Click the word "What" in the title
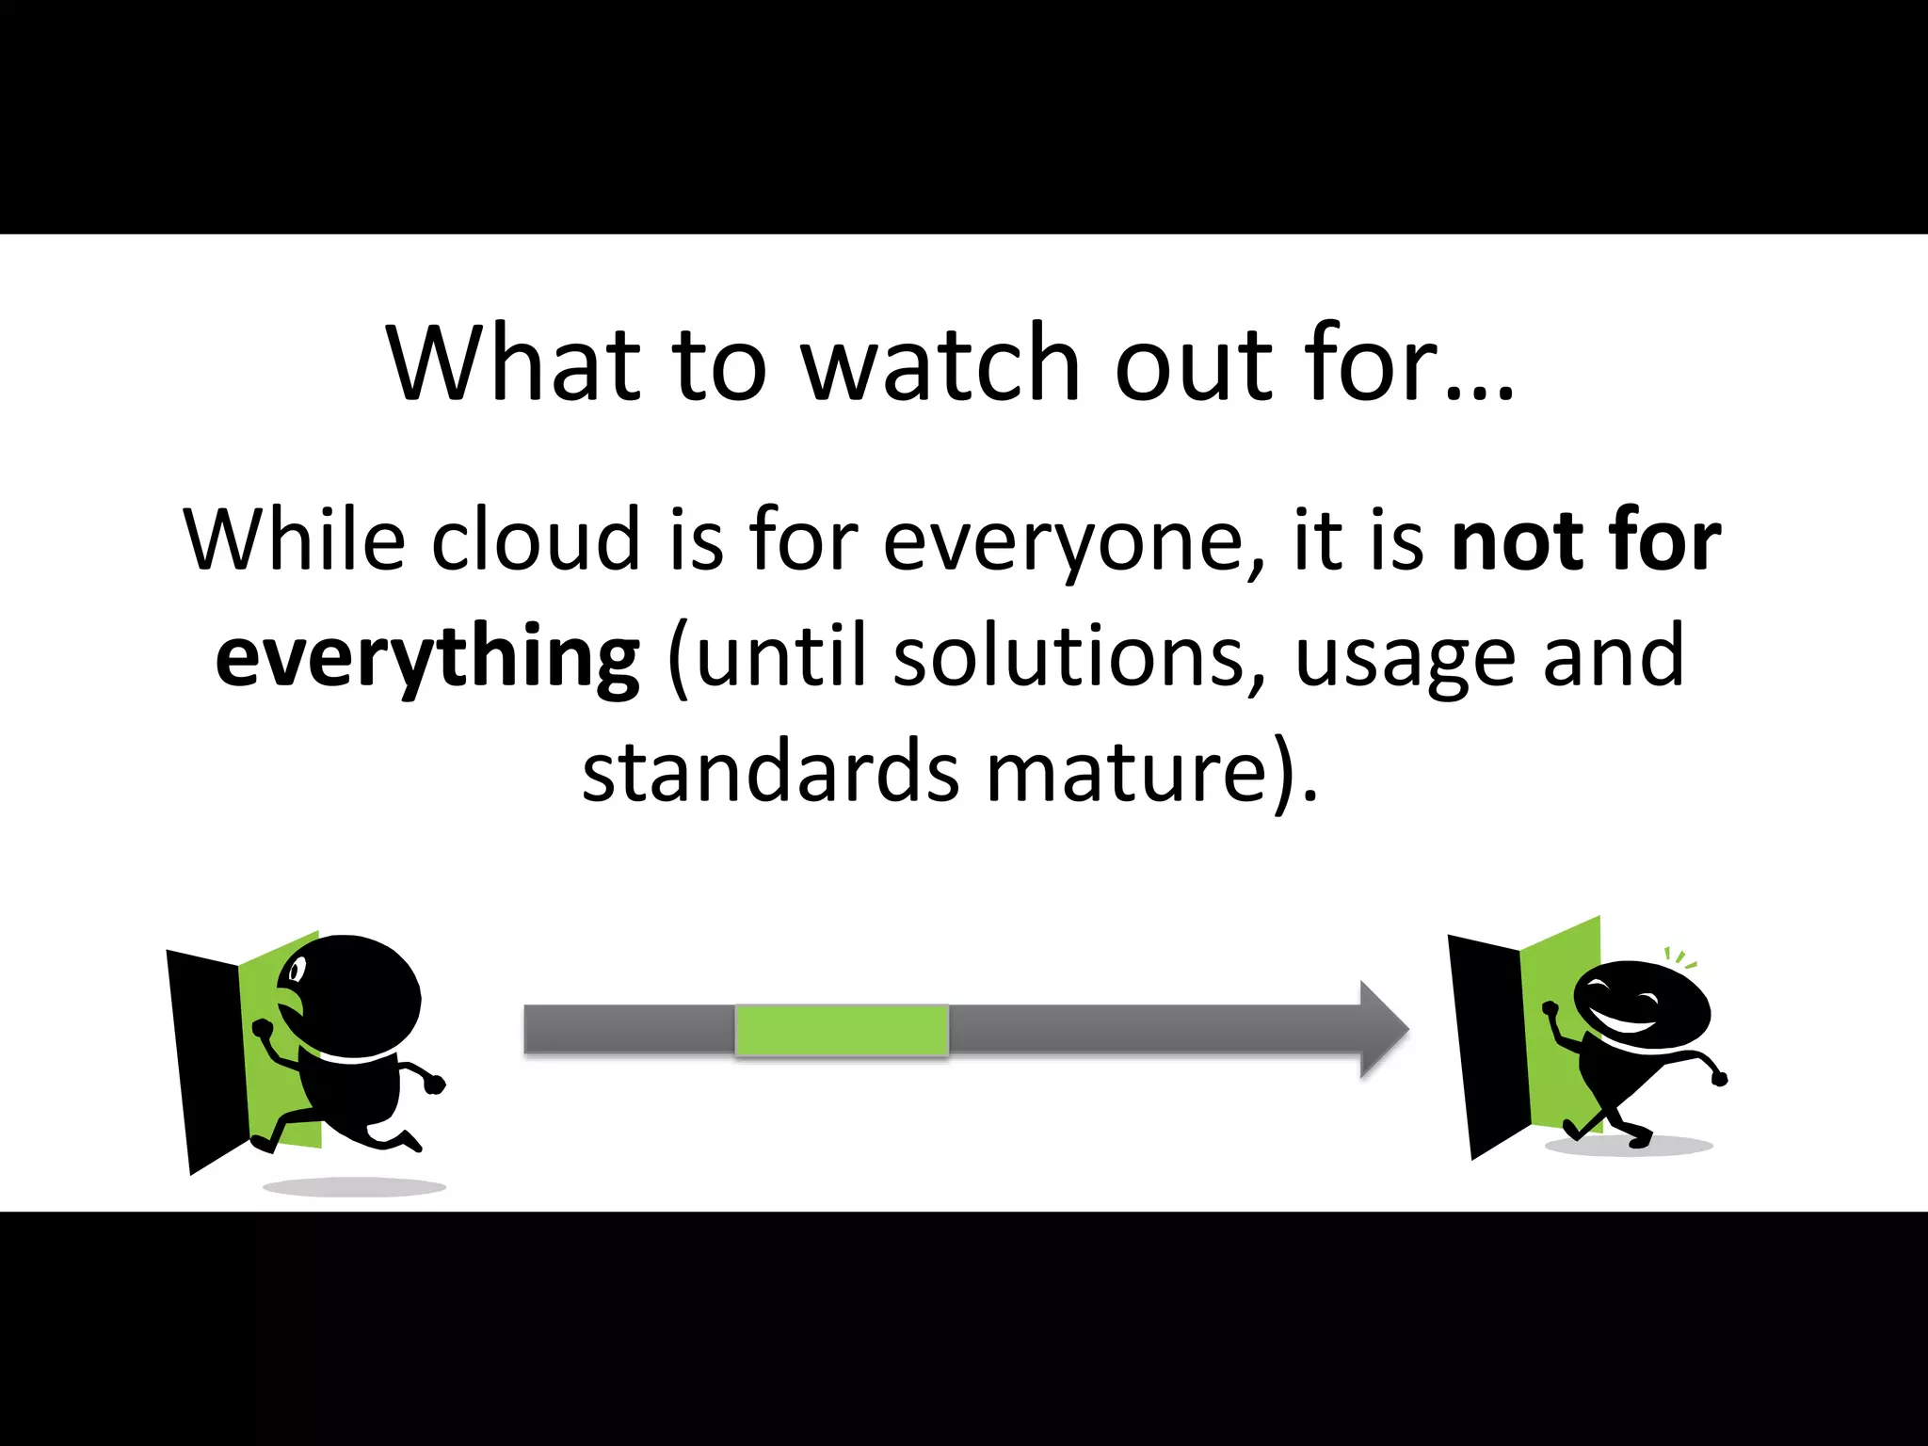[x=513, y=363]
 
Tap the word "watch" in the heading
[x=940, y=363]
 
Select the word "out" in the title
[x=1193, y=363]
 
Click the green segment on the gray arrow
[x=841, y=1030]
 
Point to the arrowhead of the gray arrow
[x=1383, y=1029]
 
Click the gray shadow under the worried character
[x=353, y=1187]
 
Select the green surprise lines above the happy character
[x=1679, y=958]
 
